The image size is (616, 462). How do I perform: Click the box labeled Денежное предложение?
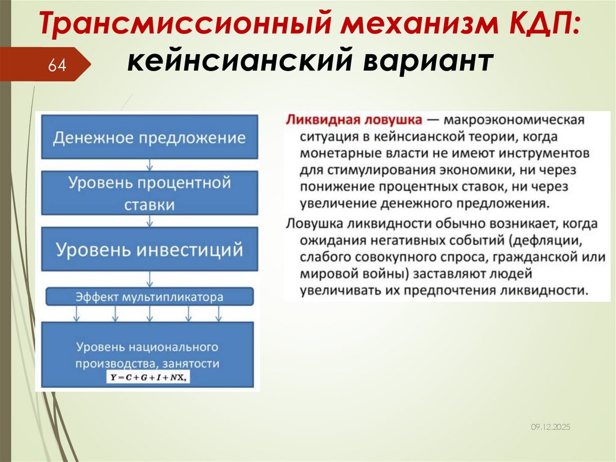tap(150, 137)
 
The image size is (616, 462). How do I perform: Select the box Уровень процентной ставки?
tap(150, 193)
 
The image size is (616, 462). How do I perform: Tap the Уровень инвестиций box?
tap(150, 249)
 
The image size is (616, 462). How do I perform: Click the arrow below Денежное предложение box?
tap(150, 164)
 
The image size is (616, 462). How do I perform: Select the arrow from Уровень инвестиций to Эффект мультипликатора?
tap(150, 279)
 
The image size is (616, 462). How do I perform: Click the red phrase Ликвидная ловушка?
tap(354, 119)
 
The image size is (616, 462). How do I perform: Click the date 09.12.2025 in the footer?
tap(550, 426)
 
